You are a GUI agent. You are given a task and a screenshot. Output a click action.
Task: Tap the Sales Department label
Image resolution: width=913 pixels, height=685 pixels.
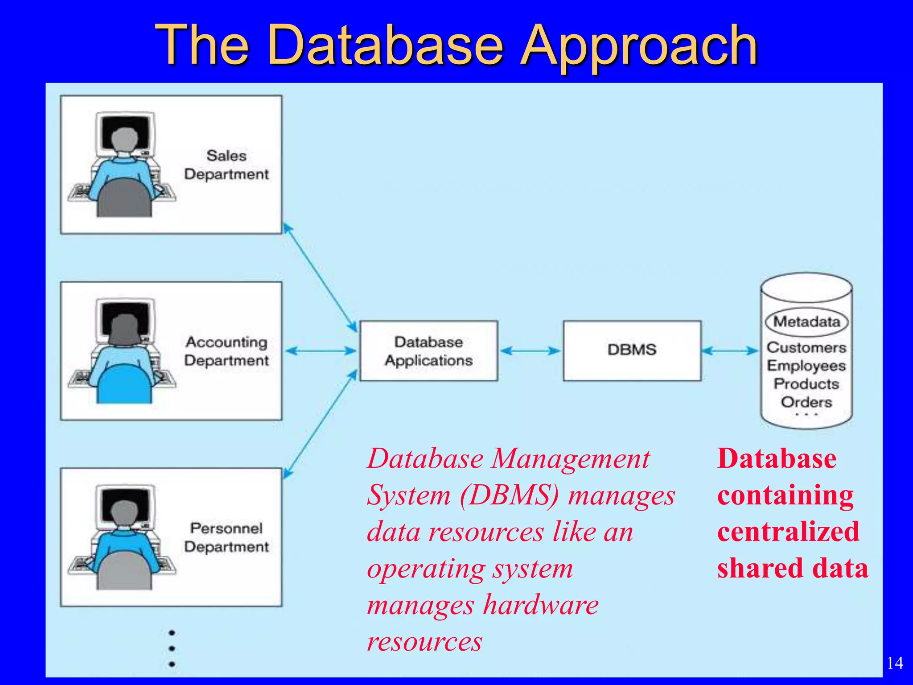(226, 165)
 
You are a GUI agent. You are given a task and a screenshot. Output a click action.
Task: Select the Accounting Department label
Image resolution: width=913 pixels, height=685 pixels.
(226, 351)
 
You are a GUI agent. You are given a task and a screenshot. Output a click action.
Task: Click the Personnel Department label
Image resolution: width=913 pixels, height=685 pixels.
(226, 537)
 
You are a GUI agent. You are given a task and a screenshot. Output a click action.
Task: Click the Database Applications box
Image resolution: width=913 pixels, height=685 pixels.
(428, 351)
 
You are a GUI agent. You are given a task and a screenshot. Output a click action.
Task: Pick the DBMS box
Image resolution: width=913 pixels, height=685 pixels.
(632, 350)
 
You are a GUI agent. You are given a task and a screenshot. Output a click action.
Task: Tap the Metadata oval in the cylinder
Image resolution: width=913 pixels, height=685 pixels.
(806, 322)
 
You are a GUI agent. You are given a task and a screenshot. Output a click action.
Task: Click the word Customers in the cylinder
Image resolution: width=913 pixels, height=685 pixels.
(806, 347)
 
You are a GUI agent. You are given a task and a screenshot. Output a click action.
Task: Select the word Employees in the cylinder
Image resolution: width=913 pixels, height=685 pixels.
(806, 366)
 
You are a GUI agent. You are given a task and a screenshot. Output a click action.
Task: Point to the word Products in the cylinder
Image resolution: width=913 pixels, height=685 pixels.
(806, 384)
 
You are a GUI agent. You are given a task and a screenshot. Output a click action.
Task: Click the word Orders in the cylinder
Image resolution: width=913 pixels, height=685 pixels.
(806, 402)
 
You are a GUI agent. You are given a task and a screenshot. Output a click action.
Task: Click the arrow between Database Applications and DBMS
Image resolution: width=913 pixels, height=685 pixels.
(530, 351)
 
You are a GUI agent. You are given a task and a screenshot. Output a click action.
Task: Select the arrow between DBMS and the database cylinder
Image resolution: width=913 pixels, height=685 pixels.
(730, 351)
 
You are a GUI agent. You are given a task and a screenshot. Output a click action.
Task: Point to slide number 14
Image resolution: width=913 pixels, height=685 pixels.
(895, 663)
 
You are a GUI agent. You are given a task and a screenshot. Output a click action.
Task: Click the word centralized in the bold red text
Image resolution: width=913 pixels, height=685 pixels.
(788, 532)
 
